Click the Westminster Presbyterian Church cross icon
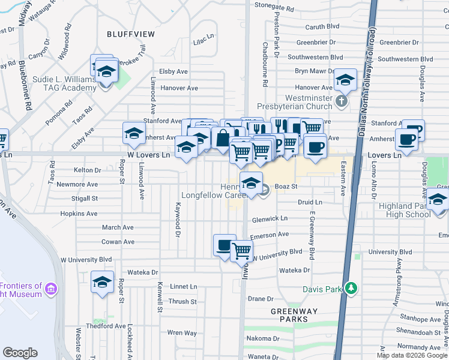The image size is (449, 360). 341,101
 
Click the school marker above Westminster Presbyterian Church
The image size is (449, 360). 345,79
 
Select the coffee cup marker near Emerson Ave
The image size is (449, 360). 224,245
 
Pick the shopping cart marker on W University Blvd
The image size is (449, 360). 241,250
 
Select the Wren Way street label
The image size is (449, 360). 182,332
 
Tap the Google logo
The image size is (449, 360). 20,352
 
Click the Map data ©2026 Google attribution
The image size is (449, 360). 412,355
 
